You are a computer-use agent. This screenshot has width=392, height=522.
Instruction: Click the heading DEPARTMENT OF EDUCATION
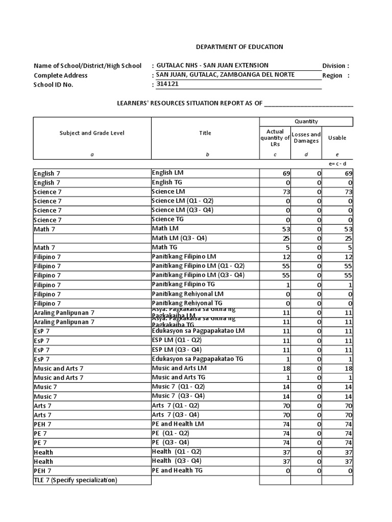click(239, 47)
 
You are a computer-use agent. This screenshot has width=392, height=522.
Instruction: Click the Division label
click(335, 66)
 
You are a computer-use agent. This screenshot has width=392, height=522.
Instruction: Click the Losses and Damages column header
click(306, 138)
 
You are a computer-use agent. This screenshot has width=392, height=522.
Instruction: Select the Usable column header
click(337, 138)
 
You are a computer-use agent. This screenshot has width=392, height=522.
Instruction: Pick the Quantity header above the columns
click(306, 121)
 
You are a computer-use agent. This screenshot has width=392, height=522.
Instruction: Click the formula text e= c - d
click(337, 164)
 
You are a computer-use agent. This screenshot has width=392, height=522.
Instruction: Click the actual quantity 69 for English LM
click(286, 174)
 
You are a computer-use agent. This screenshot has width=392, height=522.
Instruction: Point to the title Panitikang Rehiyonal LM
click(187, 294)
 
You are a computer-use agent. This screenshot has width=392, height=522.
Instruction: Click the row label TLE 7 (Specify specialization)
click(76, 480)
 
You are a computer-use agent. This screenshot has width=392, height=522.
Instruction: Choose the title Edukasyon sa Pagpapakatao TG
click(198, 359)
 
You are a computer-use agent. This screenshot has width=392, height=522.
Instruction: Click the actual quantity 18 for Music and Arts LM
click(286, 369)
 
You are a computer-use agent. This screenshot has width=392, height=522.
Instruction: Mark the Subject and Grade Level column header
click(92, 133)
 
